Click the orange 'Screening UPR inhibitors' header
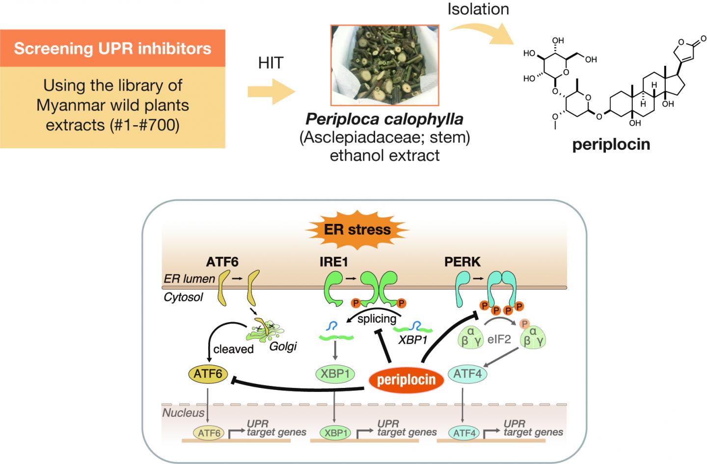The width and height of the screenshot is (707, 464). (x=112, y=48)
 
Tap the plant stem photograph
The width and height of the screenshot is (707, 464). (x=384, y=64)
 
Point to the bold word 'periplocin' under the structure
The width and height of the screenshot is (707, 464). (x=611, y=145)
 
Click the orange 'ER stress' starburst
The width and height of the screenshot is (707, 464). (x=357, y=229)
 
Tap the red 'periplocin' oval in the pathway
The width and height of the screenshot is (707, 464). (x=406, y=380)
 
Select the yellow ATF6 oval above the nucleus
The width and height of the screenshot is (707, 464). (x=208, y=374)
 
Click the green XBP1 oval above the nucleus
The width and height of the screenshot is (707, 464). (x=335, y=374)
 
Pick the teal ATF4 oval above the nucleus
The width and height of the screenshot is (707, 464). (x=467, y=374)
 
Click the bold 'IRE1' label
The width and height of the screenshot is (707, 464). (x=333, y=262)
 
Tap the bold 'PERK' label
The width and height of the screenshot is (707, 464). (x=462, y=262)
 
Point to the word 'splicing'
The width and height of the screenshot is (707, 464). (x=377, y=319)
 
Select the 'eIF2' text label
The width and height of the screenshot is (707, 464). (x=499, y=338)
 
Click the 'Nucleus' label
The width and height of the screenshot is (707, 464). (x=183, y=412)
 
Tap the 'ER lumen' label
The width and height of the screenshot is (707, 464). (x=190, y=278)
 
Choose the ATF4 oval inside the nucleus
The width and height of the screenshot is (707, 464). (x=464, y=433)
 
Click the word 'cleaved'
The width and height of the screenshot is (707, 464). (x=233, y=350)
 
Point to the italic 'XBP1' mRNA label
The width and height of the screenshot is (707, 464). (x=413, y=339)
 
